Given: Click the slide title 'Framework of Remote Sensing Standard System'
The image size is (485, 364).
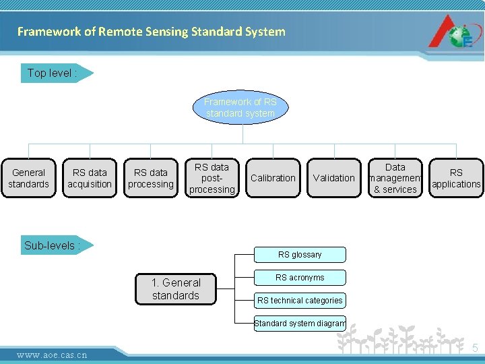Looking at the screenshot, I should [151, 32].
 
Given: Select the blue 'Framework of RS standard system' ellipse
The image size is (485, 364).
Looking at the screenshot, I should [240, 108].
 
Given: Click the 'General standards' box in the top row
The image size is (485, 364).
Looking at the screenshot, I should [28, 179].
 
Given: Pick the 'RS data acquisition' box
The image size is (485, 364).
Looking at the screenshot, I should [90, 179].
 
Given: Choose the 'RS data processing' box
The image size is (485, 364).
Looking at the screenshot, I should [151, 179].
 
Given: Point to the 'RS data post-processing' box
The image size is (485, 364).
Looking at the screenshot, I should [212, 179].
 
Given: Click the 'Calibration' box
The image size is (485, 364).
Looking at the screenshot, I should [273, 179].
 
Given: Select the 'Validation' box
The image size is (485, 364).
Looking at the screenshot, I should [333, 179].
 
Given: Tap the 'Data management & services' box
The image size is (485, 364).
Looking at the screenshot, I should [395, 179].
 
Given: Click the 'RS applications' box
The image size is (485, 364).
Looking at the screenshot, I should [456, 179].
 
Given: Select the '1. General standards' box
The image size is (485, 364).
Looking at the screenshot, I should [176, 289].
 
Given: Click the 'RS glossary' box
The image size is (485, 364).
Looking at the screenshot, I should [300, 255].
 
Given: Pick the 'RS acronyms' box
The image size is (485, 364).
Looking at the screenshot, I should [300, 278].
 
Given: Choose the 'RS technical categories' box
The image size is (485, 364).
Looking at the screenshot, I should [300, 301].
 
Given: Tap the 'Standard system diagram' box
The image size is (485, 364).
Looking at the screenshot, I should [300, 324].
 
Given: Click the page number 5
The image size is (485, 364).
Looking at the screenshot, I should [475, 348].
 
